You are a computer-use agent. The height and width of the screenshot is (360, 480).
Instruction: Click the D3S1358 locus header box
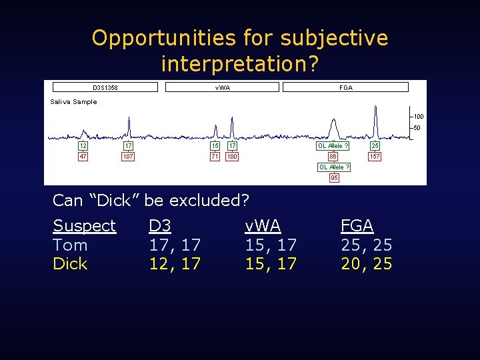tap(105, 87)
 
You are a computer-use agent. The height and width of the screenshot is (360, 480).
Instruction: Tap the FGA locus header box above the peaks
tap(345, 87)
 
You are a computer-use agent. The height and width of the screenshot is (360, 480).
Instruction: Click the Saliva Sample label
tap(73, 102)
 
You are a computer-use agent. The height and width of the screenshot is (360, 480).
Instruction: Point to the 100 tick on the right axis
tap(417, 116)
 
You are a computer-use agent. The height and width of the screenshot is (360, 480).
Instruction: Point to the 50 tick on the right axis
tap(416, 128)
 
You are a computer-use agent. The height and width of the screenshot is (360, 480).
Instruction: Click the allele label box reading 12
tap(83, 145)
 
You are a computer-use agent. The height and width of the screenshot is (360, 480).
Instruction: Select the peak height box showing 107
tap(128, 157)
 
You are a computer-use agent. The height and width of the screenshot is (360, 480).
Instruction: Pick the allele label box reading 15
tap(215, 145)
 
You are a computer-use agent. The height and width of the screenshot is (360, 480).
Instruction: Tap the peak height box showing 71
tap(215, 157)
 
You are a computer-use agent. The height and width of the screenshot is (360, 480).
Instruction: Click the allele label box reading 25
tap(375, 145)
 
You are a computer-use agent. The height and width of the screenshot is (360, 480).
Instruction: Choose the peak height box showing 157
tap(375, 157)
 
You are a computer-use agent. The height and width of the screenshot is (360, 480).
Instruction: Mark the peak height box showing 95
tap(334, 178)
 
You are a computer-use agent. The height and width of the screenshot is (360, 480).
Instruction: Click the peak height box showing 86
tap(333, 157)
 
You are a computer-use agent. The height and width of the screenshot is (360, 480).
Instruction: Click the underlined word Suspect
tap(84, 226)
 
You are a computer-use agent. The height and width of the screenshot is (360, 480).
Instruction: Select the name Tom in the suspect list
tap(70, 245)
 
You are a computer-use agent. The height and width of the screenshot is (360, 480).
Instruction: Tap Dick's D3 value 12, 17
tap(174, 264)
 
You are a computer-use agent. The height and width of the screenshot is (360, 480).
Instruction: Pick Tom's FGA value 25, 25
tap(366, 245)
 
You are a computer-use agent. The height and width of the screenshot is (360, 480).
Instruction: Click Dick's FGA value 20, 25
tap(366, 264)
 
